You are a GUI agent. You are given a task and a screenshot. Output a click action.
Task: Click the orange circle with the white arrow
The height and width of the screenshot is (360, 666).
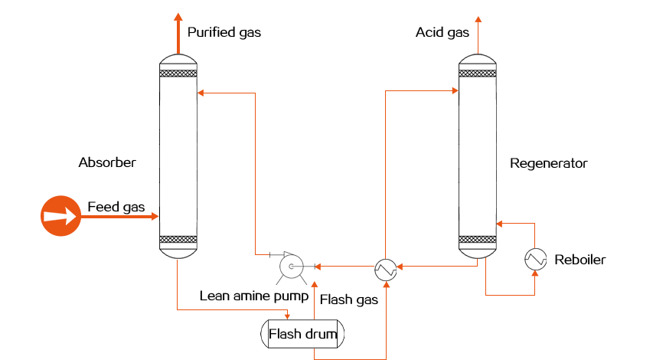coord(60,216)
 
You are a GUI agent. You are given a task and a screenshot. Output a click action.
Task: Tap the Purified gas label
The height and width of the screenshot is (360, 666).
coord(224,33)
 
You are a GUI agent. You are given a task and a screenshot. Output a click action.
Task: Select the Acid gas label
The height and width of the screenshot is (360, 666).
coord(442,33)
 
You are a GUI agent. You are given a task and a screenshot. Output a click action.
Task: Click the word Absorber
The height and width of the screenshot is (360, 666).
coord(107,162)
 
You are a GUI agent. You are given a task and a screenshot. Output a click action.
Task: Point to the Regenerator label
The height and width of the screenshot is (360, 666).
coord(548,164)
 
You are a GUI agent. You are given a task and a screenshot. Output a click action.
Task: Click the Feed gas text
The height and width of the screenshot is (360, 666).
coord(116,207)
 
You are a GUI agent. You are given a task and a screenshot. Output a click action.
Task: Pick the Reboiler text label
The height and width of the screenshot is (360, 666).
coord(579,260)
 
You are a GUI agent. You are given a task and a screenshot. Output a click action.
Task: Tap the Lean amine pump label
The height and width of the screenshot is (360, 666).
coord(254,296)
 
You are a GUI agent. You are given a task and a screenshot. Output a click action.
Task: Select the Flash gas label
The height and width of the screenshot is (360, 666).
coord(349,300)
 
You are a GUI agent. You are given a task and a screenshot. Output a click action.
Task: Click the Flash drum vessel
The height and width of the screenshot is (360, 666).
coord(302,334)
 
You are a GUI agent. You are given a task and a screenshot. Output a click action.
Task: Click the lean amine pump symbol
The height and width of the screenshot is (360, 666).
coord(292,267)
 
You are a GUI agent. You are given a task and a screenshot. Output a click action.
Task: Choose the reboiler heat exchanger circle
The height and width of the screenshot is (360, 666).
coord(535,259)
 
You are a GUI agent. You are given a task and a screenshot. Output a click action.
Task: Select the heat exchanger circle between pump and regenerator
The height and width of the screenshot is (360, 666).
coord(385,270)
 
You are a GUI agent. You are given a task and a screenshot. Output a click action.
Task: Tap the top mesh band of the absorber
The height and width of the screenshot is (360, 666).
coord(178,74)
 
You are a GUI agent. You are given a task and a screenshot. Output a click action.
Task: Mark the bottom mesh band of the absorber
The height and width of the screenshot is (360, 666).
coord(178,239)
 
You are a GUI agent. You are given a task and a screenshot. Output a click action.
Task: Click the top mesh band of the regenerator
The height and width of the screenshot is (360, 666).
coord(478,74)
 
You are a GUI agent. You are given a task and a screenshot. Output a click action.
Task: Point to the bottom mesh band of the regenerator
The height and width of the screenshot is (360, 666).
coord(478,239)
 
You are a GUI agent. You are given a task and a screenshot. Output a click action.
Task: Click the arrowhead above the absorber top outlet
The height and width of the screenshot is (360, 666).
coord(178,17)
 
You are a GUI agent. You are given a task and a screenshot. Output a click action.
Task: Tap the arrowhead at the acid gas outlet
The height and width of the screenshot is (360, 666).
coord(478,20)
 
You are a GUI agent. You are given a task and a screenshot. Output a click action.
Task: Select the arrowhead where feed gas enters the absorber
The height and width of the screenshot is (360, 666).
coord(155,216)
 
